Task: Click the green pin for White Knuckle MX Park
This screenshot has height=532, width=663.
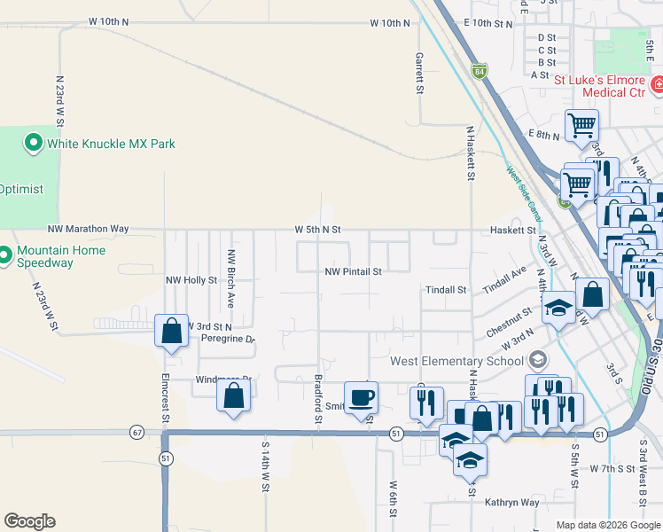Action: pos(34,143)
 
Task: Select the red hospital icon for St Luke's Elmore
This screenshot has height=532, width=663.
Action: pos(657,85)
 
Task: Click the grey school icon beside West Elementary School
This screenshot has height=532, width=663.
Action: pos(536,360)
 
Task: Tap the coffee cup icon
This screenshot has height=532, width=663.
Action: pos(361,398)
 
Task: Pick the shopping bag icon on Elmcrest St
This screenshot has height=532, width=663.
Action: pos(172,332)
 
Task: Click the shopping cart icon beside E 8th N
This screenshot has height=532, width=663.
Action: pos(581,126)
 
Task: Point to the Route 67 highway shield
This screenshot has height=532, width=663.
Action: pos(136,433)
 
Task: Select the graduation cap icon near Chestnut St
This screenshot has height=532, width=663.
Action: pos(558,309)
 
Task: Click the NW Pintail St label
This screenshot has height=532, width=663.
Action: pos(353,272)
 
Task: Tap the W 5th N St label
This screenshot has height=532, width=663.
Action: pos(318,230)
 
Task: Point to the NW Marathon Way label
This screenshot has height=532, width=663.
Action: pos(91,229)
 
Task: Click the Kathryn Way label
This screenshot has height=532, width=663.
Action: pos(511,502)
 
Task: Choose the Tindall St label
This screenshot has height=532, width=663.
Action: pos(445,290)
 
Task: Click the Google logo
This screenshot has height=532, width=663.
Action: pos(29,521)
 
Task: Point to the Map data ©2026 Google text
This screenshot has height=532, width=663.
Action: pos(607,525)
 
